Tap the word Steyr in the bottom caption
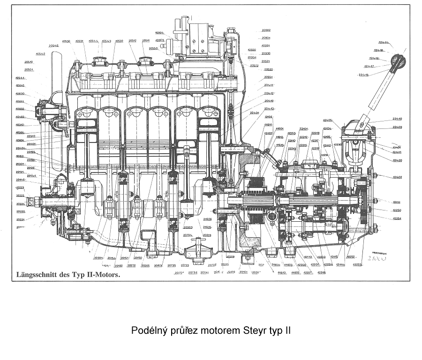(256, 330)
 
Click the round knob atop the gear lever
(398, 61)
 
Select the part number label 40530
(66, 41)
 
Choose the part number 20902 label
(266, 30)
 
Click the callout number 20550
(153, 48)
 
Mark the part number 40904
(159, 33)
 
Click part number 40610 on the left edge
(20, 86)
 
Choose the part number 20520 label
(268, 69)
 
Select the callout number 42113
(308, 257)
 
